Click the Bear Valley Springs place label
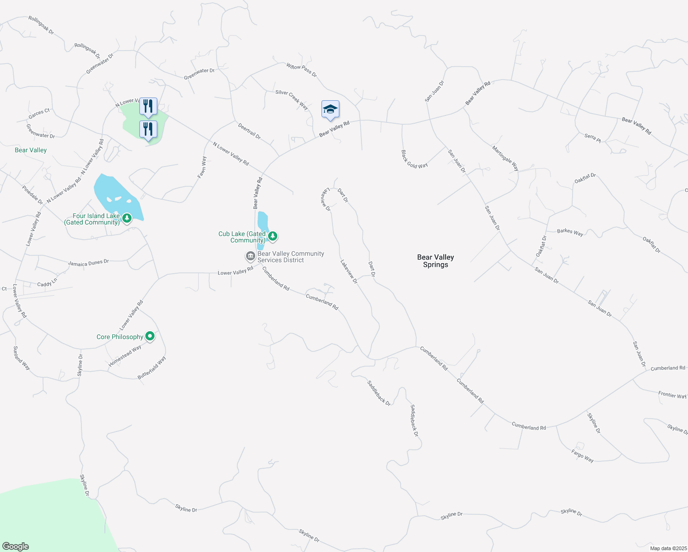[x=435, y=261]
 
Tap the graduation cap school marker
[x=330, y=109]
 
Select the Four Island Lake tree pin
[x=127, y=218]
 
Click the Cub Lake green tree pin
[x=273, y=236]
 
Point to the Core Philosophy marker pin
[x=149, y=336]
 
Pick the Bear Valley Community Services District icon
[x=250, y=256]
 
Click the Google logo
[x=16, y=546]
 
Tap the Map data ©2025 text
[x=668, y=548]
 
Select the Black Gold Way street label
[x=414, y=159]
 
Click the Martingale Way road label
[x=505, y=158]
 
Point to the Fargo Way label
[x=582, y=456]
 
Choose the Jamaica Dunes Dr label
[x=88, y=263]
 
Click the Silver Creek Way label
[x=292, y=99]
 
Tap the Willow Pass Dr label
[x=302, y=70]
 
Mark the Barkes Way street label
[x=570, y=232]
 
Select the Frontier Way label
[x=672, y=395]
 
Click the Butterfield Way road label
[x=152, y=368]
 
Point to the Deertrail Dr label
[x=249, y=131]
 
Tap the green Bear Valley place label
[x=31, y=150]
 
